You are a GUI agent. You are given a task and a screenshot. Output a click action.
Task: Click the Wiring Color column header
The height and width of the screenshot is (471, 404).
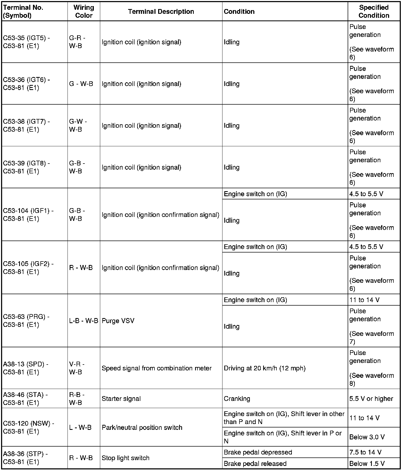(x=84, y=11)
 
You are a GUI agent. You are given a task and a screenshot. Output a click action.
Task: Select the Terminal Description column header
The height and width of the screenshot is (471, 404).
(x=161, y=11)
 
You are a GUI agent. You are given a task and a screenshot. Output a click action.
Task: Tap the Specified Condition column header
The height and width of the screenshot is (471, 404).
(x=374, y=11)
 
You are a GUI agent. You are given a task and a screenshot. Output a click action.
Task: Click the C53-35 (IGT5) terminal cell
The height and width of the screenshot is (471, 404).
(x=27, y=42)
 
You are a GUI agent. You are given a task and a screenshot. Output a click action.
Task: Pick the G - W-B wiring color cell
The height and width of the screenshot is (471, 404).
(x=81, y=84)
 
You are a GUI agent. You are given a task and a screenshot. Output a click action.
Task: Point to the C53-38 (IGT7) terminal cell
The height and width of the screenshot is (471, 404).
(x=27, y=125)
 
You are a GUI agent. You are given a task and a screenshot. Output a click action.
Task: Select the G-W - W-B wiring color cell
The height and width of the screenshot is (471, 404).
(x=78, y=125)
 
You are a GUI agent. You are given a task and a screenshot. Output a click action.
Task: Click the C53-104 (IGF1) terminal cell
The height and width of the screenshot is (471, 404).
(x=28, y=215)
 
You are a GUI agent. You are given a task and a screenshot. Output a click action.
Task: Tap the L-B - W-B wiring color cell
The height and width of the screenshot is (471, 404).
(x=84, y=320)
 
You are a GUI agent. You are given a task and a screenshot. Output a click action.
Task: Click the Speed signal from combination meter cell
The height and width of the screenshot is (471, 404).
(x=157, y=368)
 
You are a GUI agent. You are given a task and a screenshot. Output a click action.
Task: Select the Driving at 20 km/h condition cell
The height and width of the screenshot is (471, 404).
(x=264, y=368)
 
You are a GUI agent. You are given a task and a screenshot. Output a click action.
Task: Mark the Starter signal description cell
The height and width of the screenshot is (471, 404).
(x=121, y=399)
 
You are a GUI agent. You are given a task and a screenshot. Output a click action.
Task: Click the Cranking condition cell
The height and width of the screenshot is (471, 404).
(x=237, y=399)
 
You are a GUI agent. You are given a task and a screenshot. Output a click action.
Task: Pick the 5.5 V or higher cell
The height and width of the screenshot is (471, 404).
(x=371, y=399)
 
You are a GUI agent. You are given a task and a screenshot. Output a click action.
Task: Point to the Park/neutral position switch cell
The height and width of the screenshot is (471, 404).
(x=142, y=427)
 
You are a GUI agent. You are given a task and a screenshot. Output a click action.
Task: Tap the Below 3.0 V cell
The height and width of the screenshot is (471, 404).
(x=367, y=437)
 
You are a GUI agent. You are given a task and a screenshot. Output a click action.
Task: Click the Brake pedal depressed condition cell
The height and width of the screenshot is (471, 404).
(x=258, y=452)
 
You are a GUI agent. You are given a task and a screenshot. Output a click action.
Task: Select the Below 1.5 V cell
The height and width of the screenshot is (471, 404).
(x=367, y=464)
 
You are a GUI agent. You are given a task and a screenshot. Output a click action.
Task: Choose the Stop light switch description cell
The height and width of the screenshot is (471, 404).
(x=125, y=458)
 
